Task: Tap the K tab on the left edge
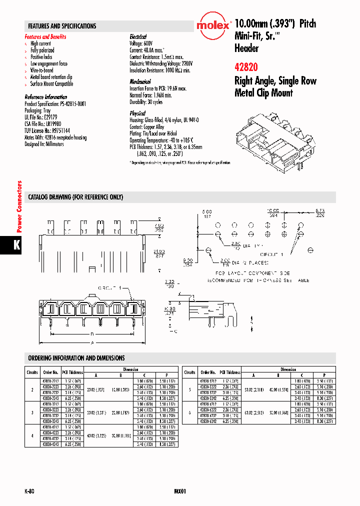pyautogui.click(x=16, y=246)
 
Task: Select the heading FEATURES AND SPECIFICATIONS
pyautogui.click(x=62, y=26)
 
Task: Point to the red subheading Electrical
pyautogui.click(x=138, y=37)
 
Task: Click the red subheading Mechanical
pyautogui.click(x=140, y=81)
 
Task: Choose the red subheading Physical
pyautogui.click(x=137, y=113)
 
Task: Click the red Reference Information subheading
pyautogui.click(x=45, y=97)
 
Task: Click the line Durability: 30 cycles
pyautogui.click(x=146, y=101)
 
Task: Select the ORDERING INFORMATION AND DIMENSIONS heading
pyautogui.click(x=76, y=358)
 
